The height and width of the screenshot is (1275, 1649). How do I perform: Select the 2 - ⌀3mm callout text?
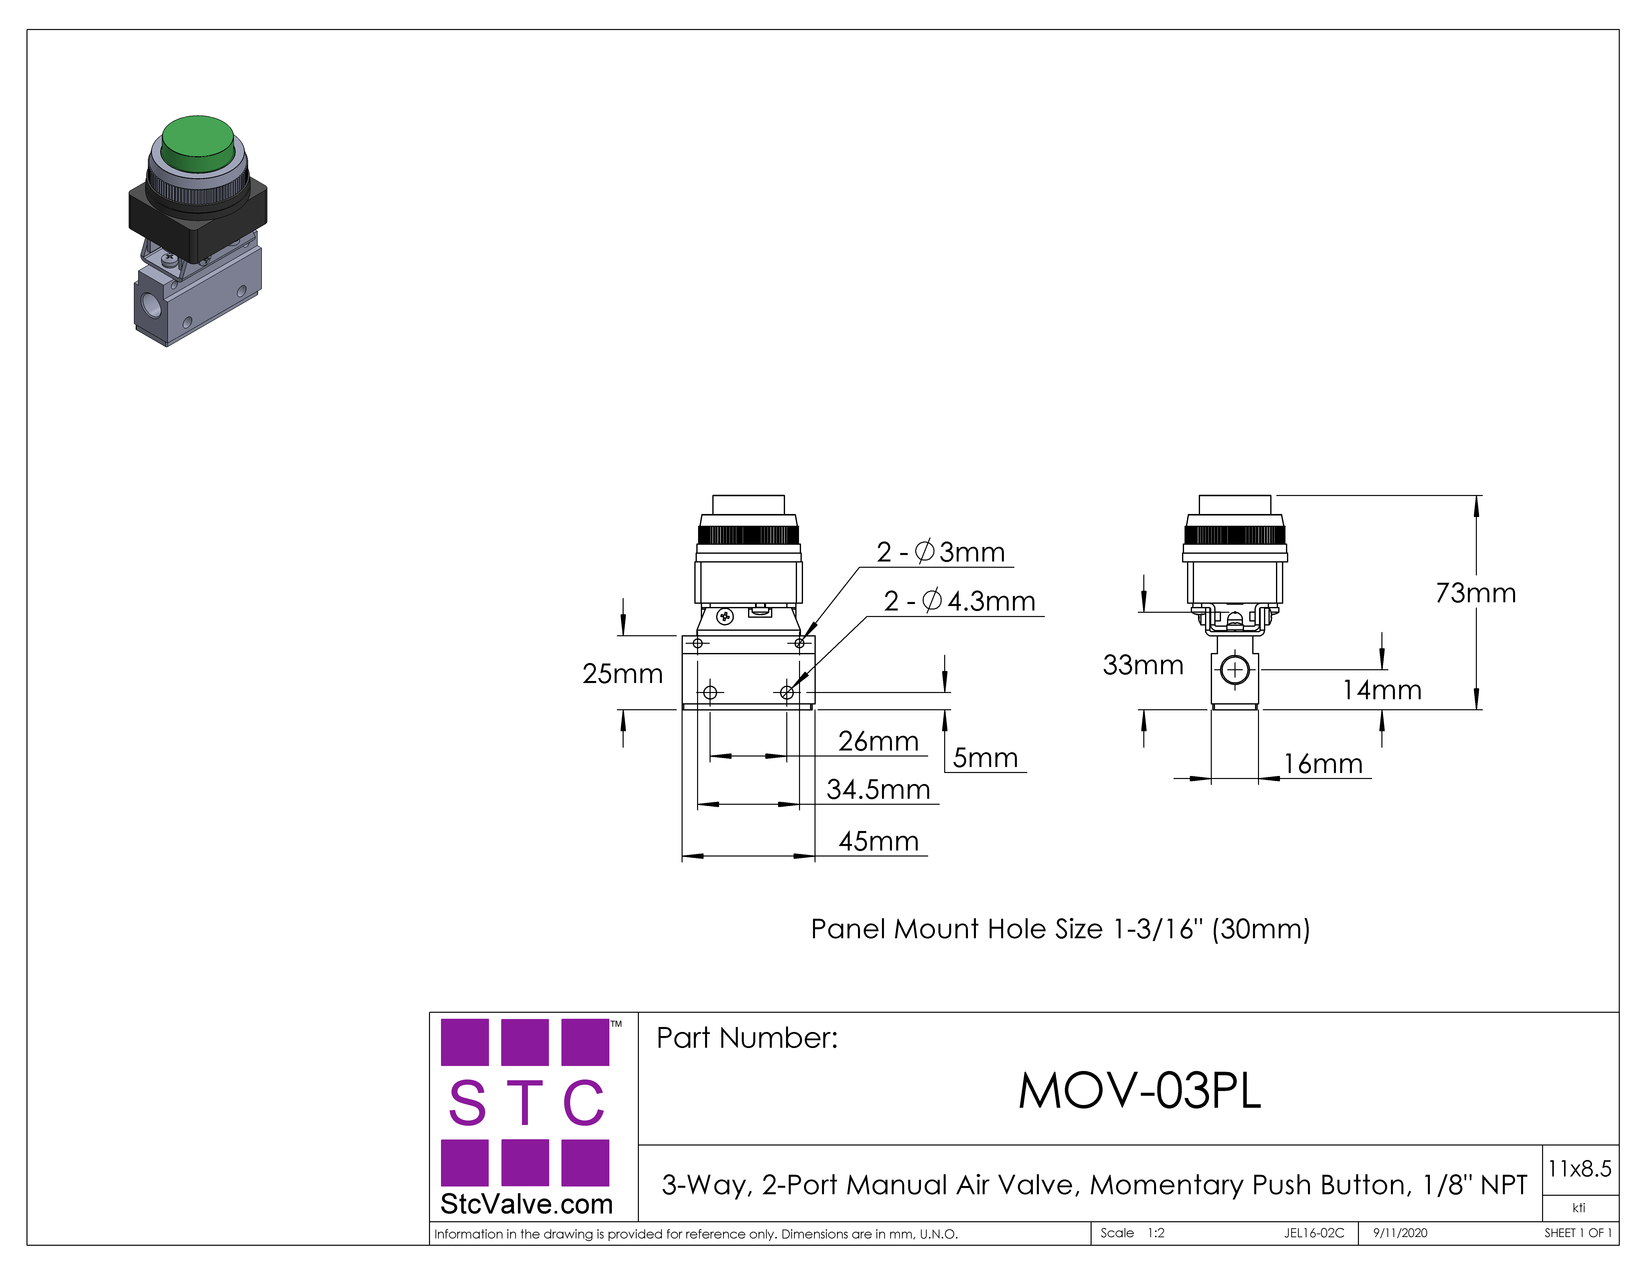pyautogui.click(x=941, y=552)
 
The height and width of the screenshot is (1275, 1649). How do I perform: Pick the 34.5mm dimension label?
pyautogui.click(x=878, y=789)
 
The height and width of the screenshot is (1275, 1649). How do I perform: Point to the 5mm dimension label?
pyautogui.click(x=985, y=757)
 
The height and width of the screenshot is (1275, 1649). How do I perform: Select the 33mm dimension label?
pyautogui.click(x=1143, y=665)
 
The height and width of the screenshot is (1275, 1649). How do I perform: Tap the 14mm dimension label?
pyautogui.click(x=1382, y=689)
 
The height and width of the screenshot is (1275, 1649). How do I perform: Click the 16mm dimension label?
pyautogui.click(x=1323, y=764)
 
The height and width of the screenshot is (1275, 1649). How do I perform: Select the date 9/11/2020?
pyautogui.click(x=1400, y=1233)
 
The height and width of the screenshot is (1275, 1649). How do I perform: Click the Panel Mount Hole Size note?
pyautogui.click(x=1060, y=928)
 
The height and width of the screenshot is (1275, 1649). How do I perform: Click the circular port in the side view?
pyautogui.click(x=1235, y=669)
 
